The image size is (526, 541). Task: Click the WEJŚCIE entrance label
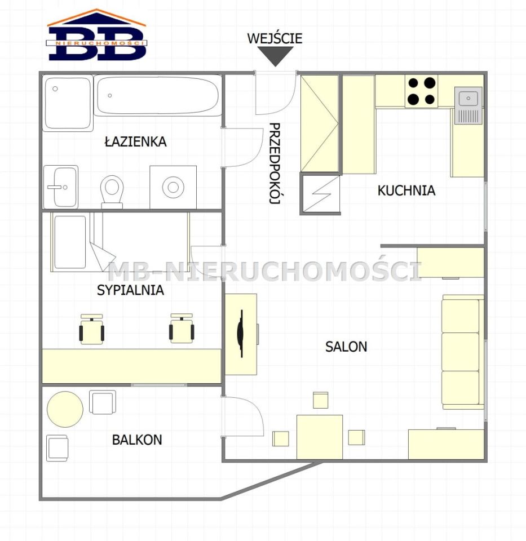pyautogui.click(x=275, y=38)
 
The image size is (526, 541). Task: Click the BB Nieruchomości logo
pyautogui.click(x=96, y=35)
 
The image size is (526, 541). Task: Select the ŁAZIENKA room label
pyautogui.click(x=136, y=142)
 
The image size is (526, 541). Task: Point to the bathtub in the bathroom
pyautogui.click(x=158, y=95)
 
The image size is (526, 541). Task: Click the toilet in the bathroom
pyautogui.click(x=112, y=192)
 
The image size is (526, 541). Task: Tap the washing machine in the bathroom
pyautogui.click(x=173, y=187)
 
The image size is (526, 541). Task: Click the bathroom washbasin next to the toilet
pyautogui.click(x=61, y=187)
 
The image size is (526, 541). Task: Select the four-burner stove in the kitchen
pyautogui.click(x=422, y=91)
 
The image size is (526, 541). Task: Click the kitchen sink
pyautogui.click(x=468, y=105)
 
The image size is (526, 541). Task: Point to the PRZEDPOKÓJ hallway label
pyautogui.click(x=275, y=163)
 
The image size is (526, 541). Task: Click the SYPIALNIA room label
pyautogui.click(x=130, y=290)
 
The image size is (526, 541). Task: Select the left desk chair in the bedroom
pyautogui.click(x=91, y=330)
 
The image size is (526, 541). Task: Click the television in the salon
pyautogui.click(x=241, y=333)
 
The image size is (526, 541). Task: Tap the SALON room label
pyautogui.click(x=346, y=347)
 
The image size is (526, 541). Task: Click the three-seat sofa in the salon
pyautogui.click(x=462, y=352)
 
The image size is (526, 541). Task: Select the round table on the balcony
pyautogui.click(x=65, y=409)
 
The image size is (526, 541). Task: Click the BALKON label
pyautogui.click(x=137, y=440)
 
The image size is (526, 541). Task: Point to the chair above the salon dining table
pyautogui.click(x=321, y=400)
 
